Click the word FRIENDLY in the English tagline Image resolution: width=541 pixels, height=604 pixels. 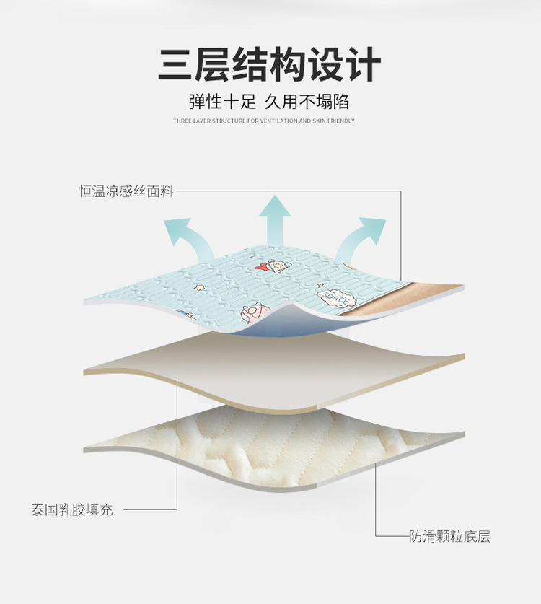(341, 121)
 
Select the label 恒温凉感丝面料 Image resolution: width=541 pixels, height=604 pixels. (126, 192)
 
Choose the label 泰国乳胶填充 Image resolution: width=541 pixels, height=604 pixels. (72, 509)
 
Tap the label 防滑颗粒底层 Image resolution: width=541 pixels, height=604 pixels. (450, 536)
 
